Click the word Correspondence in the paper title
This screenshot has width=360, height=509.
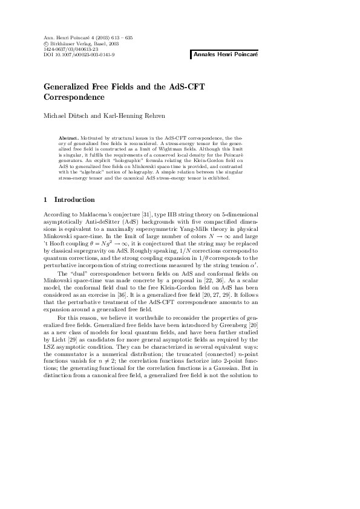(x=74, y=97)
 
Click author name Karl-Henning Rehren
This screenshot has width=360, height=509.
(x=128, y=115)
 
